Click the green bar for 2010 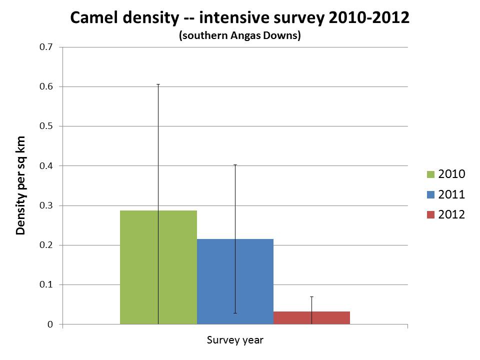[140, 267]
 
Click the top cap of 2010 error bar [158, 84]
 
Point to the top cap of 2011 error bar [235, 164]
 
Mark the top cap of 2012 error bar [311, 297]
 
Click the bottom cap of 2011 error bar [235, 313]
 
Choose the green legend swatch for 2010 [431, 174]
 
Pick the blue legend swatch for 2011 [431, 194]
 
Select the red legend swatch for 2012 [431, 214]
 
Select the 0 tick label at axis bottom [50, 324]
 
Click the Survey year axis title [235, 340]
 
